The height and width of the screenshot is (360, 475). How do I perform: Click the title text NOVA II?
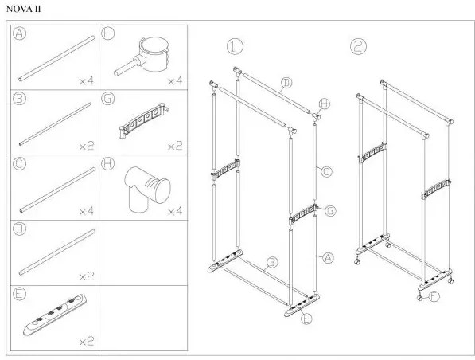[x=23, y=9]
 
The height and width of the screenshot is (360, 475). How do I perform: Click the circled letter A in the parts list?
[x=19, y=33]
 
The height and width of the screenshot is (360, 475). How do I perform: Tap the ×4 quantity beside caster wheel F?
[x=175, y=81]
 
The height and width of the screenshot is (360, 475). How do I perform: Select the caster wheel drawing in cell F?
[x=142, y=56]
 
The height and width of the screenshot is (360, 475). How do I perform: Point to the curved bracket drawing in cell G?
[x=143, y=120]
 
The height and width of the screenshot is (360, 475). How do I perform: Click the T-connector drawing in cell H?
[x=147, y=189]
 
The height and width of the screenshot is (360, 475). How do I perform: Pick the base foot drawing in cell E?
[x=55, y=315]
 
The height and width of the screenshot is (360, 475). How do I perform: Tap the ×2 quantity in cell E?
[x=87, y=342]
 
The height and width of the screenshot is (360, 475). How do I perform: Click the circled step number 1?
[x=235, y=47]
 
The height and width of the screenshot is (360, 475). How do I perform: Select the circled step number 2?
[x=358, y=47]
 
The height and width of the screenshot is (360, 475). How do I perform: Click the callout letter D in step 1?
[x=286, y=83]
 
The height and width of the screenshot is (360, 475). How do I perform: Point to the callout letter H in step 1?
[x=325, y=104]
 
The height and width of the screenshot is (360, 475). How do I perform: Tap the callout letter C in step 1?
[x=326, y=172]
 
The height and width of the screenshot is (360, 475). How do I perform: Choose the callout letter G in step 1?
[x=330, y=210]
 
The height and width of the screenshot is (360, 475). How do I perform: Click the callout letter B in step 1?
[x=272, y=262]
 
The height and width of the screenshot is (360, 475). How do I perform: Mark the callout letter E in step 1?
[x=306, y=319]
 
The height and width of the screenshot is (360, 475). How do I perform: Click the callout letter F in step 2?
[x=434, y=296]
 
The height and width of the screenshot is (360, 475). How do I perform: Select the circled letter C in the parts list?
[x=19, y=164]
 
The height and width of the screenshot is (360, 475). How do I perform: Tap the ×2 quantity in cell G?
[x=175, y=147]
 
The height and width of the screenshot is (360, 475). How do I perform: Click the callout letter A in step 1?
[x=328, y=258]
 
